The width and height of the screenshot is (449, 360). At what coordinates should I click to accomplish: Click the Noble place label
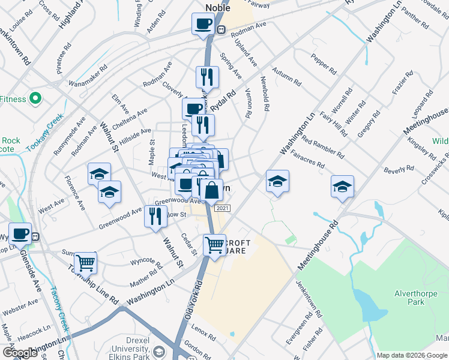(x=218, y=7)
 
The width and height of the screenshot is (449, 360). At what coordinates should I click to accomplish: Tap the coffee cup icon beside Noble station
(x=203, y=24)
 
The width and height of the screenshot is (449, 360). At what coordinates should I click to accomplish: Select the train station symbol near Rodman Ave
(x=221, y=29)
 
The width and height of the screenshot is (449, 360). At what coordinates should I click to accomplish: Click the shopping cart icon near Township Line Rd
(x=85, y=262)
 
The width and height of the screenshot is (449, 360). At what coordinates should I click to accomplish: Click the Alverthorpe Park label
(x=410, y=298)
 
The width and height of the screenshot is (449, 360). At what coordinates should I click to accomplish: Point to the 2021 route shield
(x=222, y=208)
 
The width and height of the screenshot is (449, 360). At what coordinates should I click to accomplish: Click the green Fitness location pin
(x=35, y=98)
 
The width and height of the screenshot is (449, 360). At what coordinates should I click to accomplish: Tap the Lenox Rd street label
(x=204, y=333)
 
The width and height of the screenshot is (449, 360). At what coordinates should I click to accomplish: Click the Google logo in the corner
(x=19, y=353)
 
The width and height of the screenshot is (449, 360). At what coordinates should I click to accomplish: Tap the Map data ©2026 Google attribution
(x=411, y=355)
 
